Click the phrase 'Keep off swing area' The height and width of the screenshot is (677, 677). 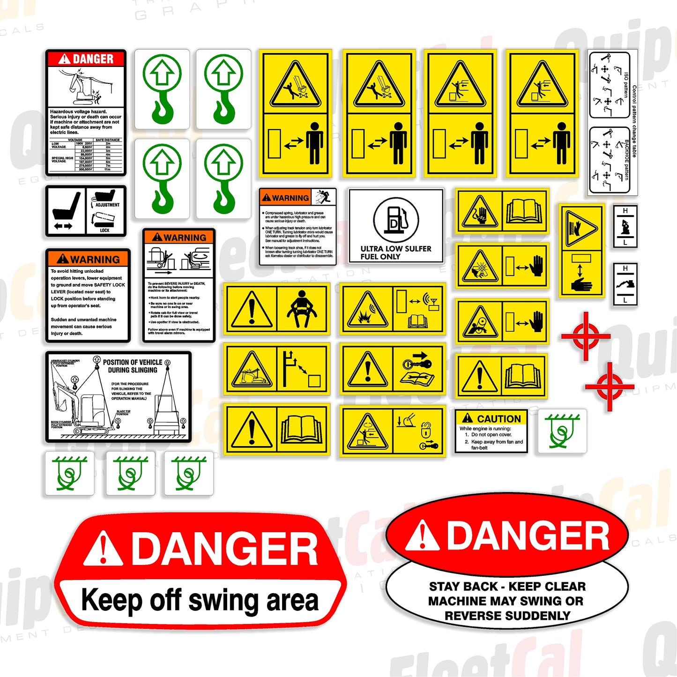[x=200, y=601]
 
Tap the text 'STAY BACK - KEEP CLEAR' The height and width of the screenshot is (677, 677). [x=507, y=587]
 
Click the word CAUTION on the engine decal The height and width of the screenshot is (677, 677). [x=498, y=418]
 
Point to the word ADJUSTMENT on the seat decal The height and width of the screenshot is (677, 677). [x=107, y=205]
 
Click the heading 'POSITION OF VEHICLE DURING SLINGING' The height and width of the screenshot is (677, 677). [x=133, y=366]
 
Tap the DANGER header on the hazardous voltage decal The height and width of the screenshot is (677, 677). [x=93, y=59]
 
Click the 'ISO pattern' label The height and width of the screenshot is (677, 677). [x=626, y=84]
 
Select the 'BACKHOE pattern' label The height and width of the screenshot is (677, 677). [x=626, y=160]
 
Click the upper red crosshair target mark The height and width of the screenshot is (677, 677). [x=586, y=336]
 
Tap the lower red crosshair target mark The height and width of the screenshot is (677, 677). [x=610, y=387]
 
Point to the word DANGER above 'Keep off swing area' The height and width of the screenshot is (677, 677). [x=224, y=549]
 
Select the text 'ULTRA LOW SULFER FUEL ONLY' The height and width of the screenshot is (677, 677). [x=395, y=253]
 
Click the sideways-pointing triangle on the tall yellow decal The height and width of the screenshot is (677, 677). [x=581, y=229]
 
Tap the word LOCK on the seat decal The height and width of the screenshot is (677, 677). [x=104, y=230]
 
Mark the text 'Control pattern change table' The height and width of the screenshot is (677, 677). [x=634, y=122]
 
